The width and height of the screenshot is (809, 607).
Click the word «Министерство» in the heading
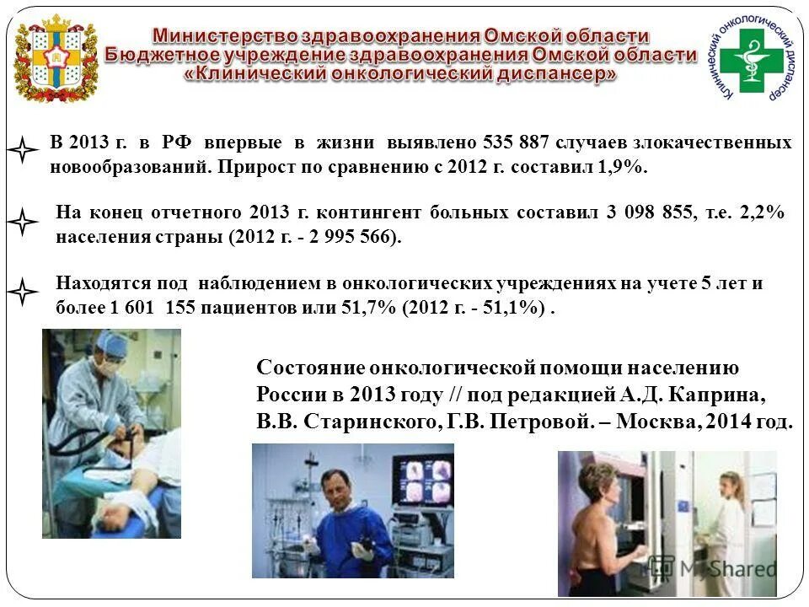click(x=222, y=36)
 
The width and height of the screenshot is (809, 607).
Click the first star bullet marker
click(x=24, y=153)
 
